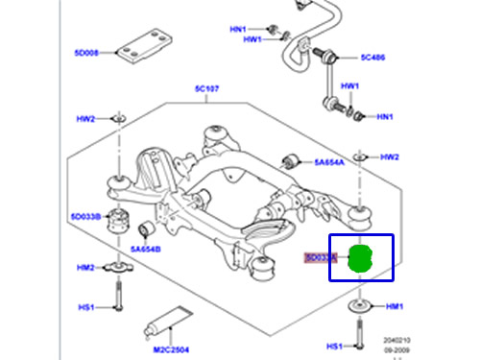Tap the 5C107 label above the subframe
(206, 89)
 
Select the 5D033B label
(84, 217)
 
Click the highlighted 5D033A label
(320, 257)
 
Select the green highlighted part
(360, 258)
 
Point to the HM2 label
(85, 268)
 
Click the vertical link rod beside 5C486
(332, 81)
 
